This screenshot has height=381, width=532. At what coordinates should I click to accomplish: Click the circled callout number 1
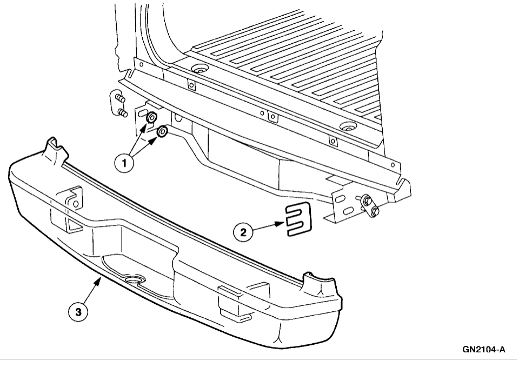tap(124, 163)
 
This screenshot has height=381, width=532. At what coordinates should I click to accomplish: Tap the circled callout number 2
tap(243, 232)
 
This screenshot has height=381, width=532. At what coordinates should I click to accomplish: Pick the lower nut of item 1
tap(162, 132)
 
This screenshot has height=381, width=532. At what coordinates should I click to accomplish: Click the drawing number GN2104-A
tap(484, 350)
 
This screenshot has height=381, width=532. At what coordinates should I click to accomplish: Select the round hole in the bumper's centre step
tap(133, 280)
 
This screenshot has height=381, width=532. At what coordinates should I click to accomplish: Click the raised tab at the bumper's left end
tap(54, 147)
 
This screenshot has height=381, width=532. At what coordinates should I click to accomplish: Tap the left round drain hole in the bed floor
tap(201, 70)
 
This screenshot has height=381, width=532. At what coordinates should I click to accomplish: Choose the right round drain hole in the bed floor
tap(346, 128)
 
